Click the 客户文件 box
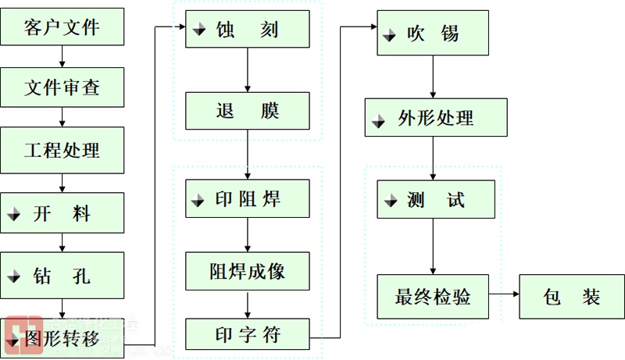pyautogui.click(x=62, y=27)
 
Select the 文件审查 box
pyautogui.click(x=62, y=87)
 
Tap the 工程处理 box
pyautogui.click(x=62, y=148)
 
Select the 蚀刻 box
pyautogui.click(x=248, y=30)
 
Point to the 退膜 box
pyautogui.click(x=248, y=111)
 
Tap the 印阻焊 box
pyautogui.click(x=248, y=199)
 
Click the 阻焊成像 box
pyautogui.click(x=248, y=271)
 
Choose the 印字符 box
pyautogui.click(x=248, y=335)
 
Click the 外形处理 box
pyautogui.click(x=435, y=118)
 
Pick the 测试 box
pyautogui.click(x=435, y=200)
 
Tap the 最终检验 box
pyautogui.click(x=434, y=296)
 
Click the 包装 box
pyautogui.click(x=572, y=297)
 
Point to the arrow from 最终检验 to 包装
pyautogui.click(x=505, y=295)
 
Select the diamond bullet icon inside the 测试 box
pyautogui.click(x=391, y=203)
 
